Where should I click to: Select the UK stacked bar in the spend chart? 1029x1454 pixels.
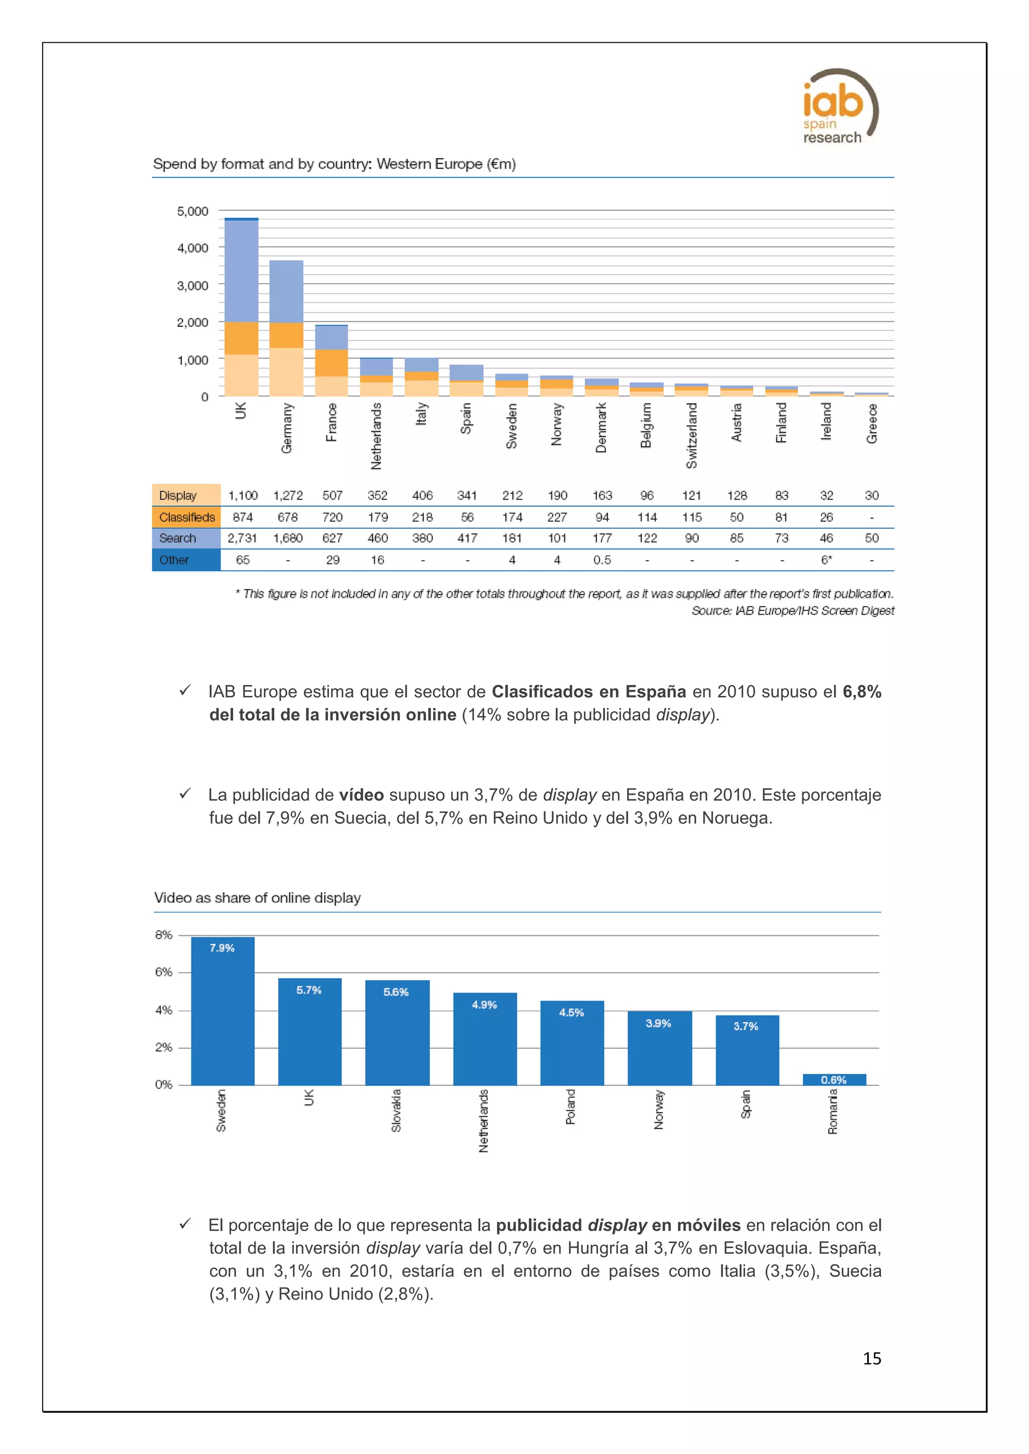pos(241,307)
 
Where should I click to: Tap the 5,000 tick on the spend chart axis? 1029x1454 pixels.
pos(192,211)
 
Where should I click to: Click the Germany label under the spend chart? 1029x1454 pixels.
pos(286,428)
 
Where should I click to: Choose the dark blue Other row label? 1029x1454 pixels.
pos(174,560)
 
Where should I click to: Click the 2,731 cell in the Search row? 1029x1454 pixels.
pos(242,538)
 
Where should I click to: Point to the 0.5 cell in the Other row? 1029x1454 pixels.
pos(602,560)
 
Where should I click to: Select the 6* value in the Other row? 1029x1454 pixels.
pos(826,560)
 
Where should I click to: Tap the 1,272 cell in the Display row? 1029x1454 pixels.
pos(288,495)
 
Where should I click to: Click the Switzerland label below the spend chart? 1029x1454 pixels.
pos(691,435)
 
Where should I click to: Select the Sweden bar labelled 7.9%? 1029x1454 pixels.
pos(223,1011)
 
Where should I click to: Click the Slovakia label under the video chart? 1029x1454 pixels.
pos(396,1110)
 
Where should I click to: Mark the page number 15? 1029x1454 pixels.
pos(872,1359)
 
